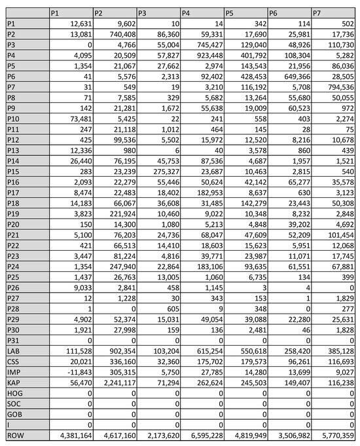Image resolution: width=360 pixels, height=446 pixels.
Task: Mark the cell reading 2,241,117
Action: [115, 382]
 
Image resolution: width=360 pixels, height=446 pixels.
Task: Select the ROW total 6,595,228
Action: [202, 434]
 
